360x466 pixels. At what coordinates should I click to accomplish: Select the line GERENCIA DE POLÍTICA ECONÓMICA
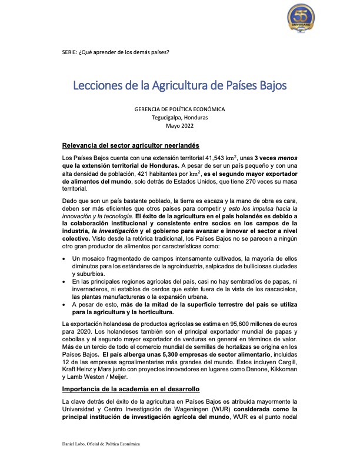click(179, 109)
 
